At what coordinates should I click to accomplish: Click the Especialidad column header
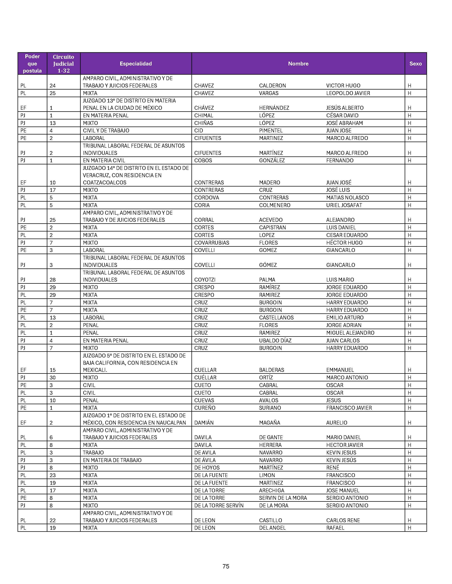click(136, 64)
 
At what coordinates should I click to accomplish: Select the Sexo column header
click(415, 64)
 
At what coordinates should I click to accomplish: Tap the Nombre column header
click(298, 64)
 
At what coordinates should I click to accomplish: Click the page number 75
click(226, 566)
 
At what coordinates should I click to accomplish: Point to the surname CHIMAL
click(204, 116)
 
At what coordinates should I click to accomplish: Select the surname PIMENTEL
click(271, 130)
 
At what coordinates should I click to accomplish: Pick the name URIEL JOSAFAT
click(344, 205)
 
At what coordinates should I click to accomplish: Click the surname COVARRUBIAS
click(211, 242)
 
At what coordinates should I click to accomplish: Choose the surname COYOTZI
click(205, 280)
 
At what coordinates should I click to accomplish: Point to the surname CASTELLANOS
click(276, 317)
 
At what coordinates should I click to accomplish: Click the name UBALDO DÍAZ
click(275, 340)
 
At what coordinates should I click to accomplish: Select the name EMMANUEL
click(340, 370)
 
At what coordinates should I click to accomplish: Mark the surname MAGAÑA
click(269, 423)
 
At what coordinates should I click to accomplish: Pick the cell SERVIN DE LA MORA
click(283, 498)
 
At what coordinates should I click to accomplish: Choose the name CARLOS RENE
click(343, 520)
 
